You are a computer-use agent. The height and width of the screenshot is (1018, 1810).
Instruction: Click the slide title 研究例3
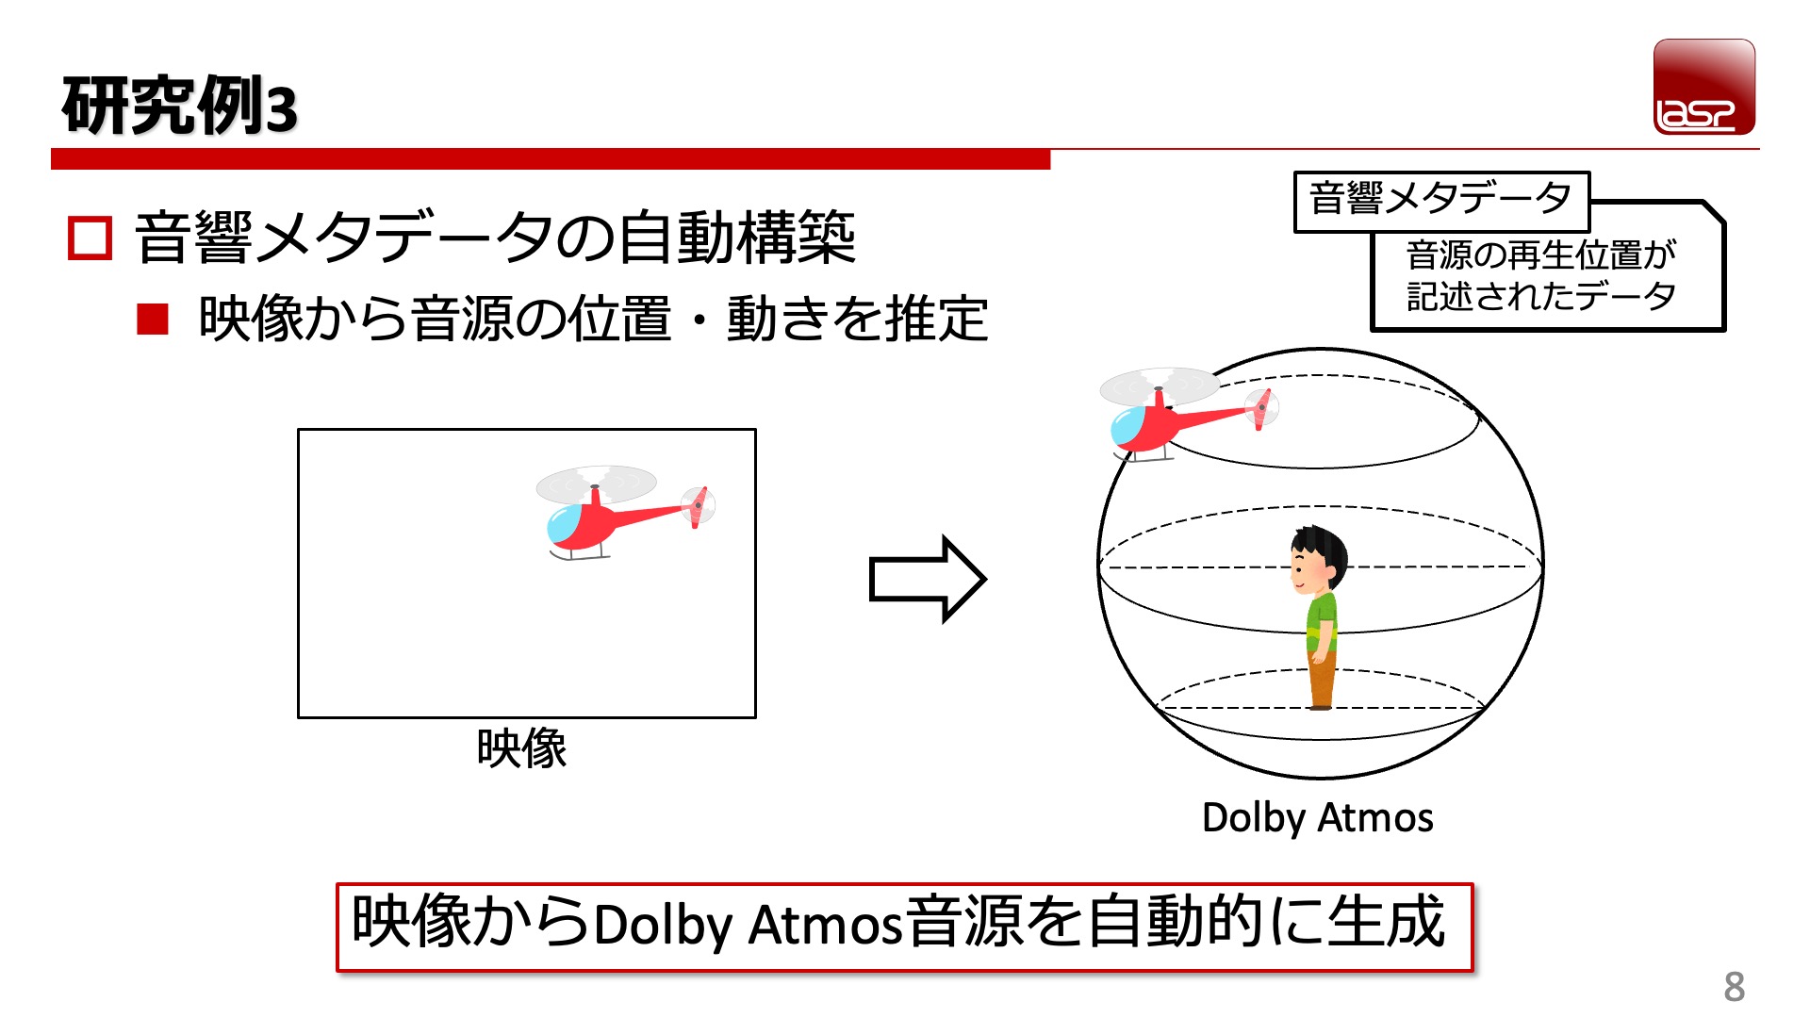tap(179, 106)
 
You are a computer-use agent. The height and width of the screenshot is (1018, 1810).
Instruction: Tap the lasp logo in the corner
tap(1703, 87)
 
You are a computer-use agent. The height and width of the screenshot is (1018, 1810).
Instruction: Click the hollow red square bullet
tap(90, 238)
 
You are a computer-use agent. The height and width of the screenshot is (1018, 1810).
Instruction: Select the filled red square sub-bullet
tap(152, 320)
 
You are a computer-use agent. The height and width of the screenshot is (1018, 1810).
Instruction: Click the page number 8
tap(1734, 987)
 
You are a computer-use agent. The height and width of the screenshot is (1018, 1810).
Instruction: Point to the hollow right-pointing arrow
tap(927, 579)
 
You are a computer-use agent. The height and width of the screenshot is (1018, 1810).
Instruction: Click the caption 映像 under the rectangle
tap(521, 749)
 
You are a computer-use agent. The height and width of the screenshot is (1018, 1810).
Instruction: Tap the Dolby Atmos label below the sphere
tap(1317, 817)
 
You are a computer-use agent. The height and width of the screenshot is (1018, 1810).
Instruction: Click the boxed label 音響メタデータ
tap(1440, 200)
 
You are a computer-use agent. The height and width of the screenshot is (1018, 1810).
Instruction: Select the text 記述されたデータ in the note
tap(1540, 296)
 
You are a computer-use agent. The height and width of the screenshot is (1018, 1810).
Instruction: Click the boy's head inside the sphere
tap(1318, 558)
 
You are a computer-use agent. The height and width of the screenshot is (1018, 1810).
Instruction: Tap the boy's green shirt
tap(1322, 622)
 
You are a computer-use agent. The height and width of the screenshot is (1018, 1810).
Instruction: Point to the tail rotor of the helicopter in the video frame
tap(699, 506)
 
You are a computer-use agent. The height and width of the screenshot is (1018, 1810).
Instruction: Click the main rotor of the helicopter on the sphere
tap(1160, 386)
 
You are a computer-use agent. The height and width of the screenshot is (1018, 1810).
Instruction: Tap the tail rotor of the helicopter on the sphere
tap(1261, 407)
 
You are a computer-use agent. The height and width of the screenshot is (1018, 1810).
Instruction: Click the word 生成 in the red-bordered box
tap(1386, 922)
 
